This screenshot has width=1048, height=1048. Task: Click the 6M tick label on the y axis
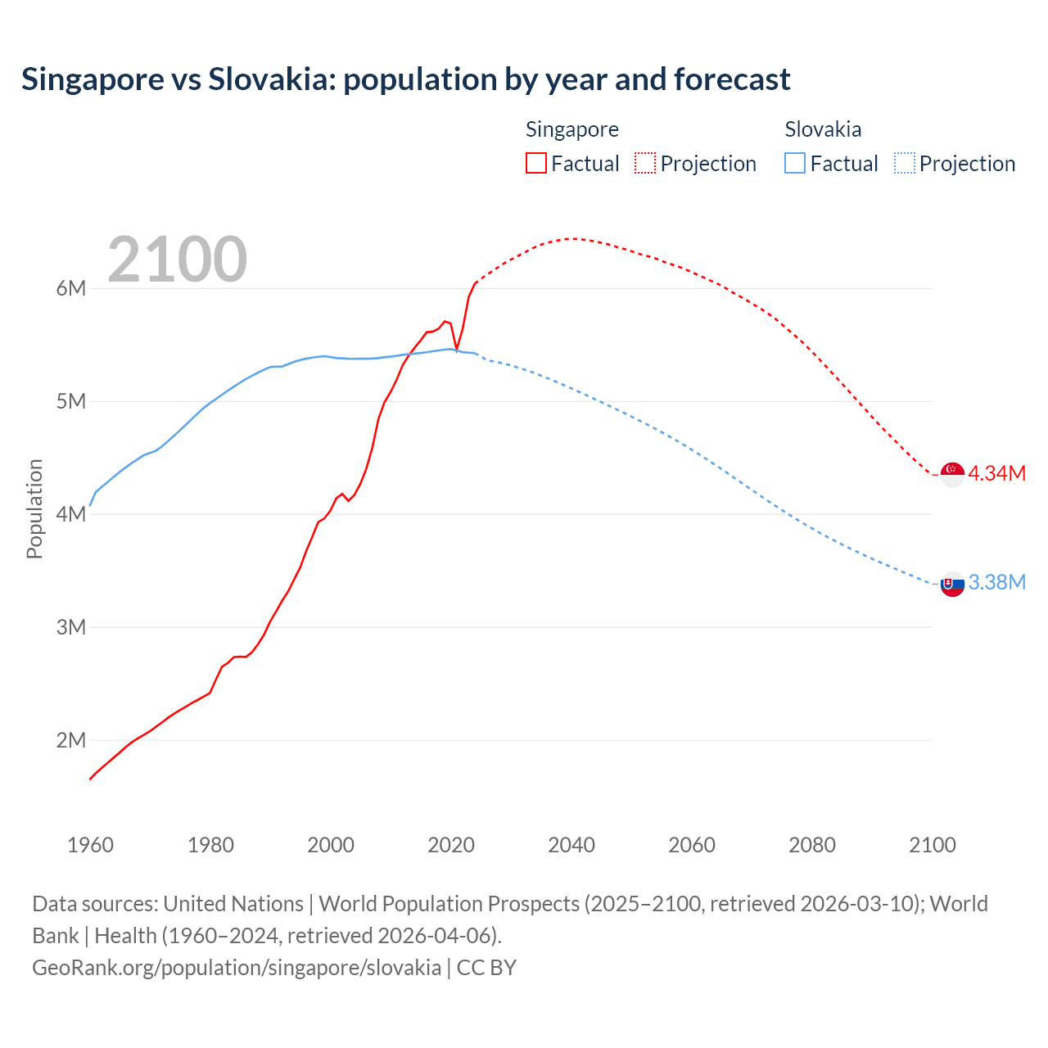click(71, 288)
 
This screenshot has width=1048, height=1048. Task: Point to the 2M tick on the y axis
click(71, 740)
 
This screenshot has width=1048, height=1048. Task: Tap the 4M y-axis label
click(71, 514)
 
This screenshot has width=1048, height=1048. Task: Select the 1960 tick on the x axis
click(90, 845)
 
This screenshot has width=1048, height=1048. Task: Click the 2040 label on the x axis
click(571, 845)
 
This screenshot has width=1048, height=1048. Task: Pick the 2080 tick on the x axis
click(812, 845)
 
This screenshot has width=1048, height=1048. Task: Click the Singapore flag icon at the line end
click(952, 473)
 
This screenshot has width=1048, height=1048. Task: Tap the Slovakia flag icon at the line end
click(952, 584)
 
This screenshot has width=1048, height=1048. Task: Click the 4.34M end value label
click(996, 473)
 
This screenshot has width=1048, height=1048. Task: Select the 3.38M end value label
click(996, 582)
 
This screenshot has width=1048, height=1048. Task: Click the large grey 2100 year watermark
click(177, 260)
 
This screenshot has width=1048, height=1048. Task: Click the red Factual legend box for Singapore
click(536, 163)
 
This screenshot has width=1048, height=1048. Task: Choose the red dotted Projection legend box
click(645, 163)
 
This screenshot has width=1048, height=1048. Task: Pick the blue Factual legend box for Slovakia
click(795, 163)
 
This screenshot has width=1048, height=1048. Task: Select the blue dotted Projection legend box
click(904, 163)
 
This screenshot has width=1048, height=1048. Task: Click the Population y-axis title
click(34, 508)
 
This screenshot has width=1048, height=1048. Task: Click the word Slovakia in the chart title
click(272, 79)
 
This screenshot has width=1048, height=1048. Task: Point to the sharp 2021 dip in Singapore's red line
click(457, 350)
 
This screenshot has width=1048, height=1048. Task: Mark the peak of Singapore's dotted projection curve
click(573, 238)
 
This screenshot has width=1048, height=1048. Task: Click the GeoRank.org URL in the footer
click(237, 967)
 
